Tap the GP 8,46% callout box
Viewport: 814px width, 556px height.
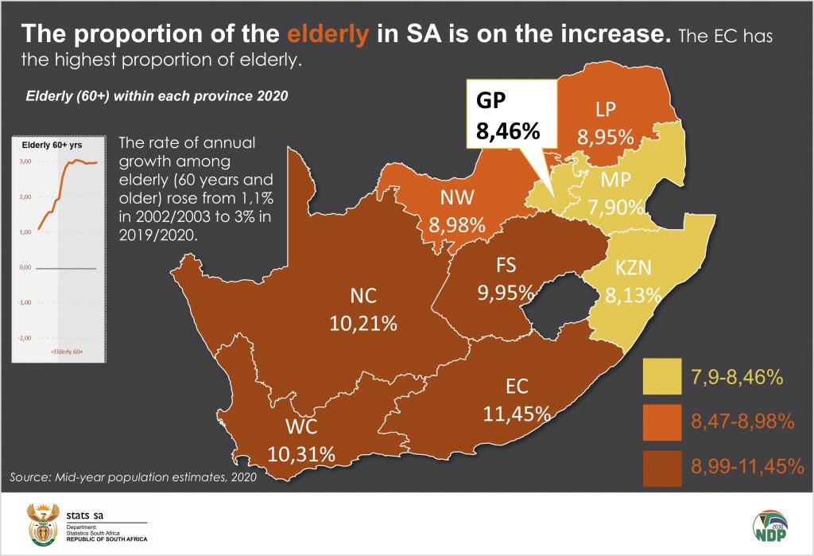(x=508, y=115)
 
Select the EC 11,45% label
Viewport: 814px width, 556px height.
(x=517, y=400)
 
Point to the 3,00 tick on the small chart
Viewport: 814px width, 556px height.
(x=25, y=161)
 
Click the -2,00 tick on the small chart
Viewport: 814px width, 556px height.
(x=25, y=338)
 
